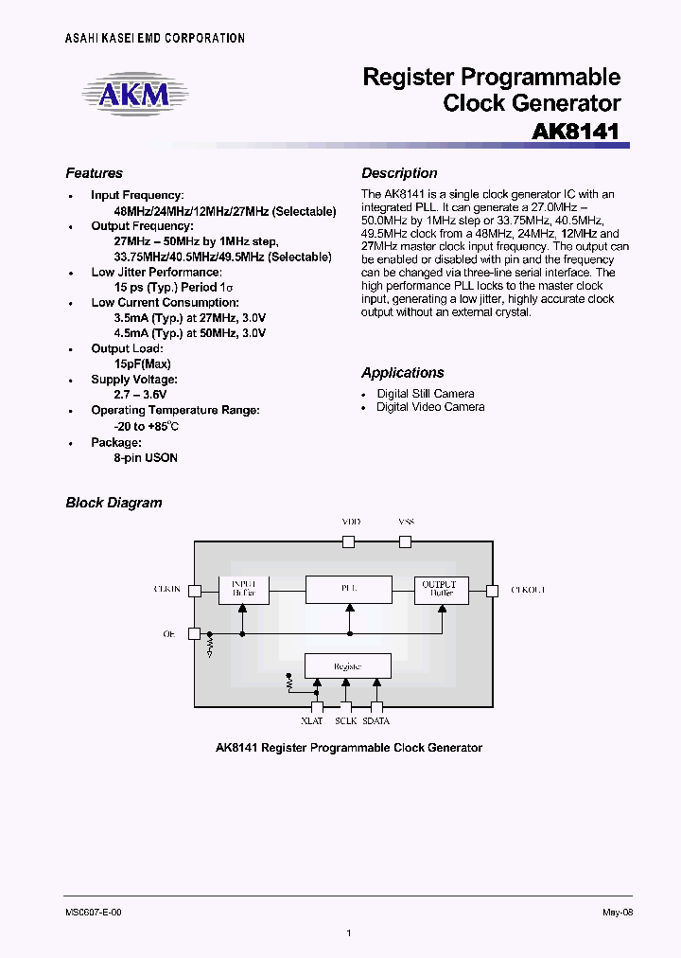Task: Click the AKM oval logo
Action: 135,94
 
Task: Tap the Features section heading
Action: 94,173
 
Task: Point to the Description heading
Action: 399,173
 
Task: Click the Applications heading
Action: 402,373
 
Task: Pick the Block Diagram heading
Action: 113,503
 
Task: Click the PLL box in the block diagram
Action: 348,589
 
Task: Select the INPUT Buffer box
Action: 243,589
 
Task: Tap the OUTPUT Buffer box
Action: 441,589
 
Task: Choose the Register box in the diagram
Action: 347,665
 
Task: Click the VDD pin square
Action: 348,541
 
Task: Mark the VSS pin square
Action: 406,541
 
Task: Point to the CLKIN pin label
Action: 166,590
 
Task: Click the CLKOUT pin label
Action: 528,590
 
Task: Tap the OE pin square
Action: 194,633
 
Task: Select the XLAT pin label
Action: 312,721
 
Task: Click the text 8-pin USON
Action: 146,457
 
